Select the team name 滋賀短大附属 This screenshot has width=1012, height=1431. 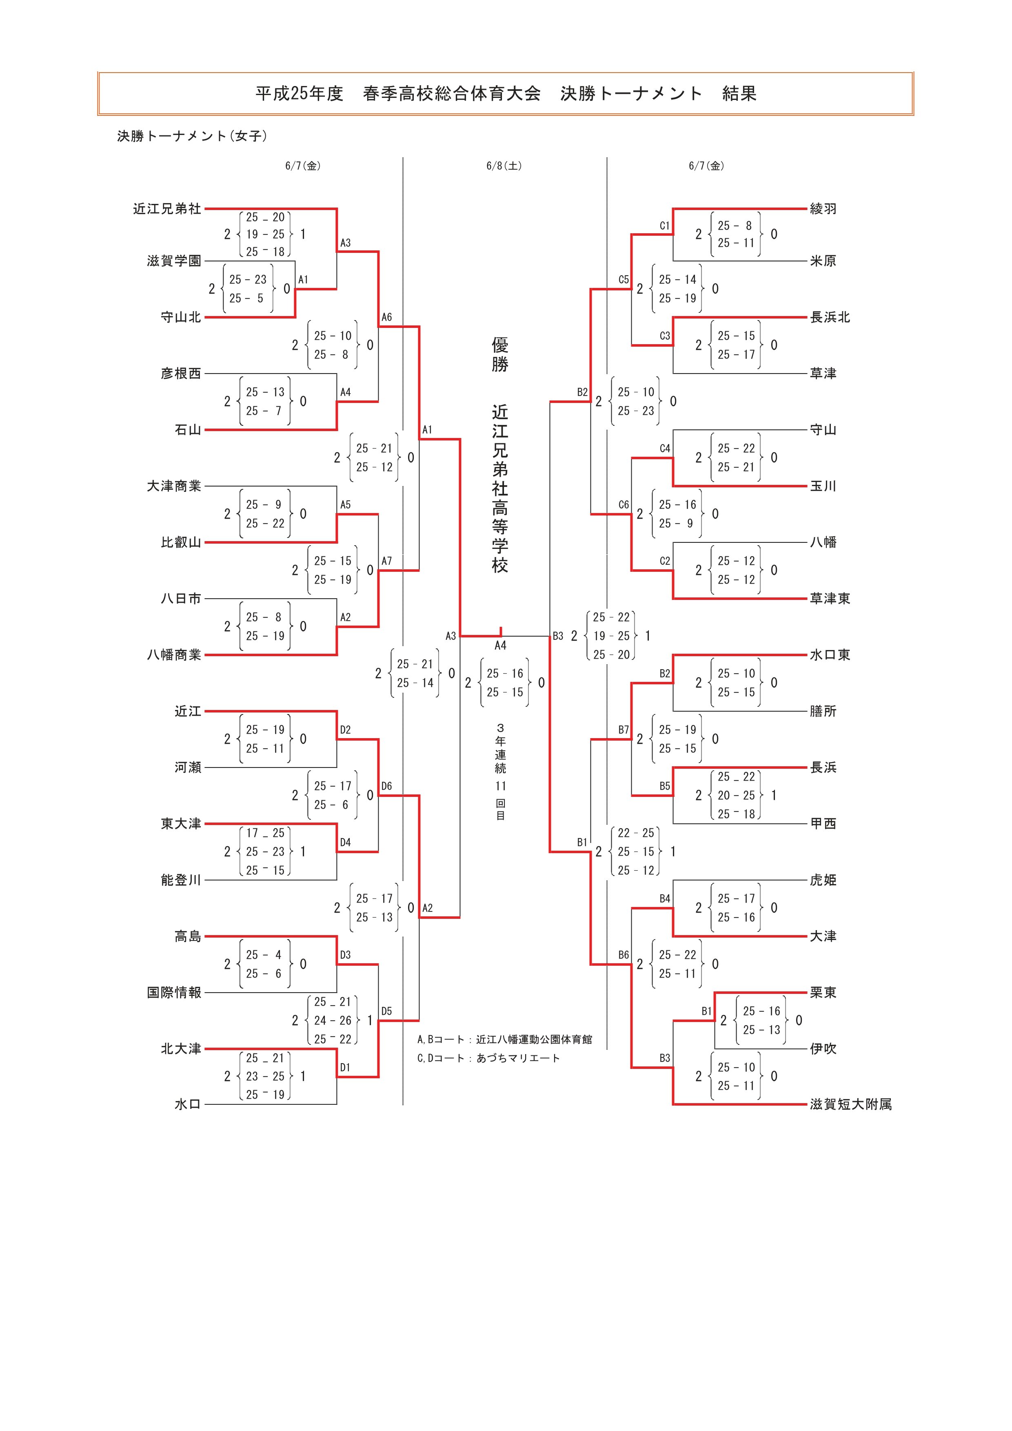point(850,1104)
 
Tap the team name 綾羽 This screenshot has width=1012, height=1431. point(823,209)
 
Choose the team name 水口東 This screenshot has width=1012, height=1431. point(830,655)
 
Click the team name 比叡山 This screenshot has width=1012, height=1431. point(181,542)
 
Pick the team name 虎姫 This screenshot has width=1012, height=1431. point(823,880)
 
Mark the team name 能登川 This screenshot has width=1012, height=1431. point(181,880)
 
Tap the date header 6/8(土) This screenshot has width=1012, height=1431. point(504,166)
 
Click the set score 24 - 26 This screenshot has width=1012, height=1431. point(333,1020)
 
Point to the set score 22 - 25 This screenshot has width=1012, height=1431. point(636,833)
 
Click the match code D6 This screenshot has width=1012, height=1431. point(386,787)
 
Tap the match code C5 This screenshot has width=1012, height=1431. point(624,280)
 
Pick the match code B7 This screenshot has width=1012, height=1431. point(624,730)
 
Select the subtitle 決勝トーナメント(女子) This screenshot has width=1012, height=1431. point(192,136)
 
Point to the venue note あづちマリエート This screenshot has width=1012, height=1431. point(518,1058)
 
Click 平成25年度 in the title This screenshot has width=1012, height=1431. point(299,93)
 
